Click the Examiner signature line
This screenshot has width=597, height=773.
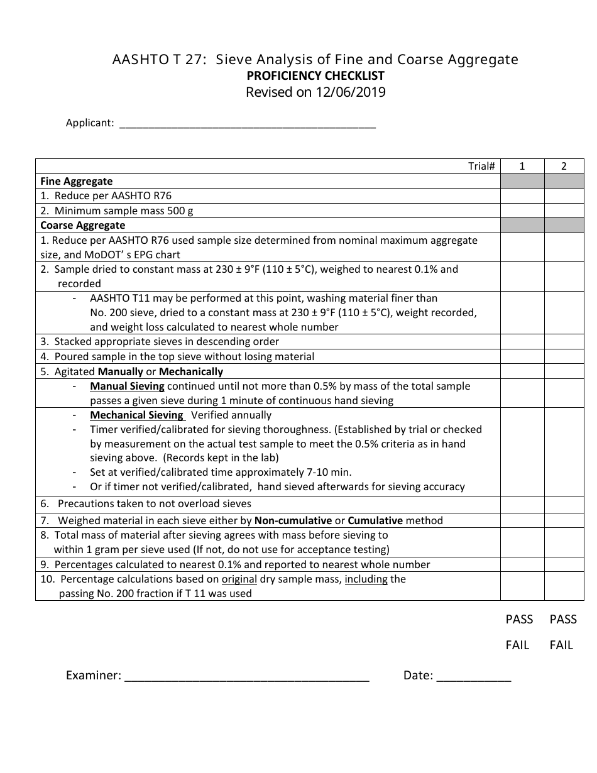pyautogui.click(x=246, y=677)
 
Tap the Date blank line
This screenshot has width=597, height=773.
pyautogui.click(x=473, y=677)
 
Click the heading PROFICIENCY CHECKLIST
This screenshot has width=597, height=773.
pyautogui.click(x=315, y=76)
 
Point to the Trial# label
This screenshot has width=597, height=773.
pyautogui.click(x=481, y=166)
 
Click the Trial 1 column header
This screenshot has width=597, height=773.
pyautogui.click(x=522, y=166)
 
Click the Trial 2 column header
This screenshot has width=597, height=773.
pyautogui.click(x=564, y=166)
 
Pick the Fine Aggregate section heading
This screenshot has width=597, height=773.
pyautogui.click(x=77, y=181)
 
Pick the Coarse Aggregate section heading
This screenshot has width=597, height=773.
pyautogui.click(x=83, y=225)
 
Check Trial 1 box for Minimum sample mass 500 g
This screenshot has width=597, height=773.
pyautogui.click(x=522, y=211)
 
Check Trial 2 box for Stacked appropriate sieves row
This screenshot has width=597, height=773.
pyautogui.click(x=564, y=342)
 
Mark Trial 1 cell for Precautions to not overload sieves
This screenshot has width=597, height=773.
pyautogui.click(x=522, y=504)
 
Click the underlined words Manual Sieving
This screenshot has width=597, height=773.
pyautogui.click(x=127, y=386)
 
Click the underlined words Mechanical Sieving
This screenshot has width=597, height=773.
pyautogui.click(x=136, y=415)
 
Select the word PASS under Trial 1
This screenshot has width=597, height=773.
pyautogui.click(x=519, y=620)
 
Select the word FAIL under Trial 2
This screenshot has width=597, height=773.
pyautogui.click(x=561, y=645)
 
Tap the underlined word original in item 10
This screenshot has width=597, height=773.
pyautogui.click(x=239, y=579)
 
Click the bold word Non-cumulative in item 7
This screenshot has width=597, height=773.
pyautogui.click(x=293, y=521)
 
